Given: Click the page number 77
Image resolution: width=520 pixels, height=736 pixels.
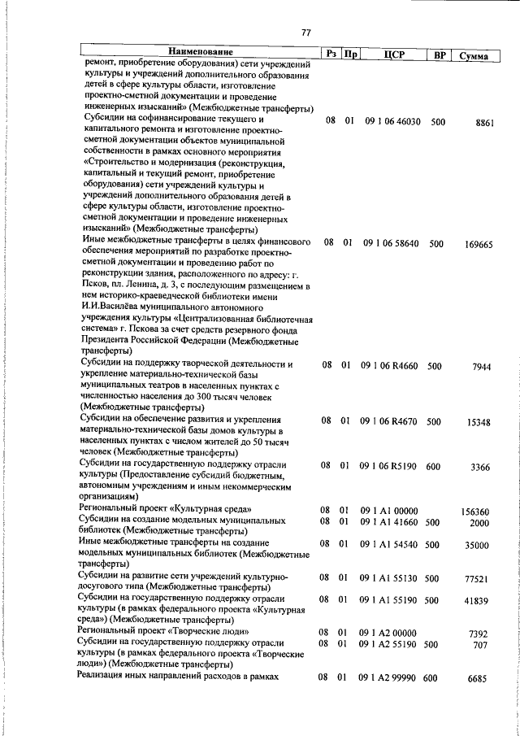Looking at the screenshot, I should (305, 33).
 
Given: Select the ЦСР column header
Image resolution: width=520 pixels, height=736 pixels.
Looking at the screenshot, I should (393, 54).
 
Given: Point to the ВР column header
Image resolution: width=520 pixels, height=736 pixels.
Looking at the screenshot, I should (440, 54).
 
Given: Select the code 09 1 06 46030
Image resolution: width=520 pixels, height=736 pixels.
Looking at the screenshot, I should (392, 122).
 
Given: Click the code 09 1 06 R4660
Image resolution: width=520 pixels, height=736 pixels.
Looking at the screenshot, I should (390, 366).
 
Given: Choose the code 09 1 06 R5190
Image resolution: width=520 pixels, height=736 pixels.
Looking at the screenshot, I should (390, 466).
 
